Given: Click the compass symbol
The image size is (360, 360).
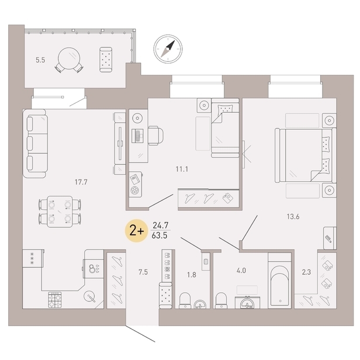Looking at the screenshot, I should point(168,48).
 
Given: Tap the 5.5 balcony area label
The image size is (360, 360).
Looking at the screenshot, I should point(40,60).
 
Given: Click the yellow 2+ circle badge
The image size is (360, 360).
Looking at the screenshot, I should point(137,230).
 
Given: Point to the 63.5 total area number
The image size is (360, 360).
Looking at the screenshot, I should point(160,236).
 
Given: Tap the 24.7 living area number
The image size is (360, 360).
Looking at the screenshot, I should point(160,225).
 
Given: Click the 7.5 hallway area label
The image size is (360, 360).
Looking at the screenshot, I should point(143,272).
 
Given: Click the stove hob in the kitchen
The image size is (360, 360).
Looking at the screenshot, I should point(56,300).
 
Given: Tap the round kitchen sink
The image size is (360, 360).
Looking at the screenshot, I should point(90,296).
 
